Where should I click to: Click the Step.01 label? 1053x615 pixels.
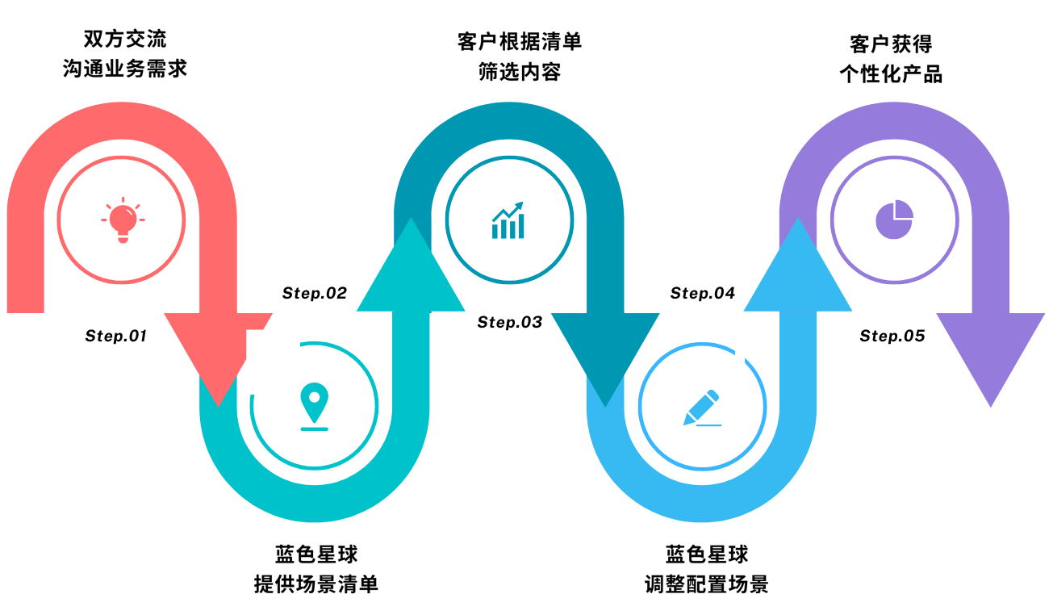click(116, 336)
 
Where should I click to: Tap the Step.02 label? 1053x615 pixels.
click(315, 293)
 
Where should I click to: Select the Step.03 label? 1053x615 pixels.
click(510, 323)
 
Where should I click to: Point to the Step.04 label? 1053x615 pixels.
click(703, 293)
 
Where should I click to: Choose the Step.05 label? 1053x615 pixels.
click(892, 336)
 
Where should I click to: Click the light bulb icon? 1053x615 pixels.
click(123, 220)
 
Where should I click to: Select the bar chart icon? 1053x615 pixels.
click(508, 221)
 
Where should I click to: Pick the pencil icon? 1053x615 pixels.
click(701, 408)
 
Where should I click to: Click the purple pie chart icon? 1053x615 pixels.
click(894, 220)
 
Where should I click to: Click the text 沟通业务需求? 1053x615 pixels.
click(125, 69)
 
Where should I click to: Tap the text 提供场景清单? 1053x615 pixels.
click(316, 584)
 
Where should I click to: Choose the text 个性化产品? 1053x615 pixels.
click(891, 74)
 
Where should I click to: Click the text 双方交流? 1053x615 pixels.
click(125, 39)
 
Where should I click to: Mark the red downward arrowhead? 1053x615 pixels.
click(218, 359)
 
